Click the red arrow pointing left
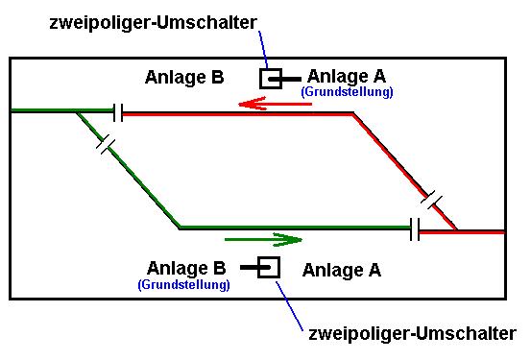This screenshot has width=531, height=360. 275,104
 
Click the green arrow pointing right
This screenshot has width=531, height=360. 263,240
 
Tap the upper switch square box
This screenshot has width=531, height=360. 271,69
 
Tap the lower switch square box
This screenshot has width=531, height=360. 269,258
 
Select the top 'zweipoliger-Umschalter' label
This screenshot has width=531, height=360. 154,23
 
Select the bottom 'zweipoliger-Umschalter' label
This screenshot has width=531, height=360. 413,334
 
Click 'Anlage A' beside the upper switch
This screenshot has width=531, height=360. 347,77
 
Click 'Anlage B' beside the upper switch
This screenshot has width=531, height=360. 184,77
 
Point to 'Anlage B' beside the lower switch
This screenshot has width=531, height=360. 186,268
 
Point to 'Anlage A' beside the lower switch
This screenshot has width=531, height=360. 342,271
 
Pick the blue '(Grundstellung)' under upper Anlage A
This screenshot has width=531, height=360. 347,92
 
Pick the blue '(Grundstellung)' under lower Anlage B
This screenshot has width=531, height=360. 184,284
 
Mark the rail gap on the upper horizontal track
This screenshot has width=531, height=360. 118,112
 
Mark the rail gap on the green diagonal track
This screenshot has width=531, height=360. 106,144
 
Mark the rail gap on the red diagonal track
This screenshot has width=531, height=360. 431,200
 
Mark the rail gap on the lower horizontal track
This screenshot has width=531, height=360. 415,229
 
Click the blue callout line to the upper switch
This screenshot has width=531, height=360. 263,50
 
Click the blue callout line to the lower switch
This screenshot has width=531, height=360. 289,306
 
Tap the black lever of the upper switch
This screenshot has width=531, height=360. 284,80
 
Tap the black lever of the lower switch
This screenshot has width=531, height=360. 255,268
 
